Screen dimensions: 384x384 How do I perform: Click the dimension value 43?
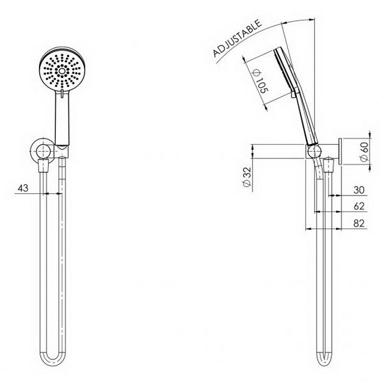coord(23,188)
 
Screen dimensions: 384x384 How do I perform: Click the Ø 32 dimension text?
coord(247,178)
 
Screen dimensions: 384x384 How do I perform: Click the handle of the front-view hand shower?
coord(62,117)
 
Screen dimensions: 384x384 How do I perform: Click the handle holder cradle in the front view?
coord(62,148)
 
